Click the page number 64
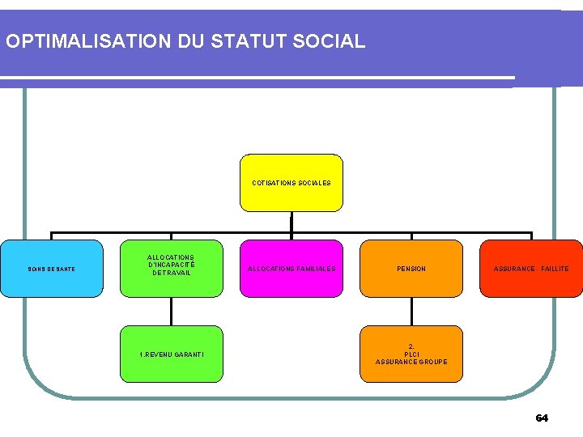(x=542, y=418)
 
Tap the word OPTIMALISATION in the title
(x=74, y=40)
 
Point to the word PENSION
(x=411, y=269)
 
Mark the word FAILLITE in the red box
(x=555, y=269)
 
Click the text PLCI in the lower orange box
(x=411, y=354)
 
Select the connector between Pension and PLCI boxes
(x=411, y=312)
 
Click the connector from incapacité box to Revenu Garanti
(x=171, y=312)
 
